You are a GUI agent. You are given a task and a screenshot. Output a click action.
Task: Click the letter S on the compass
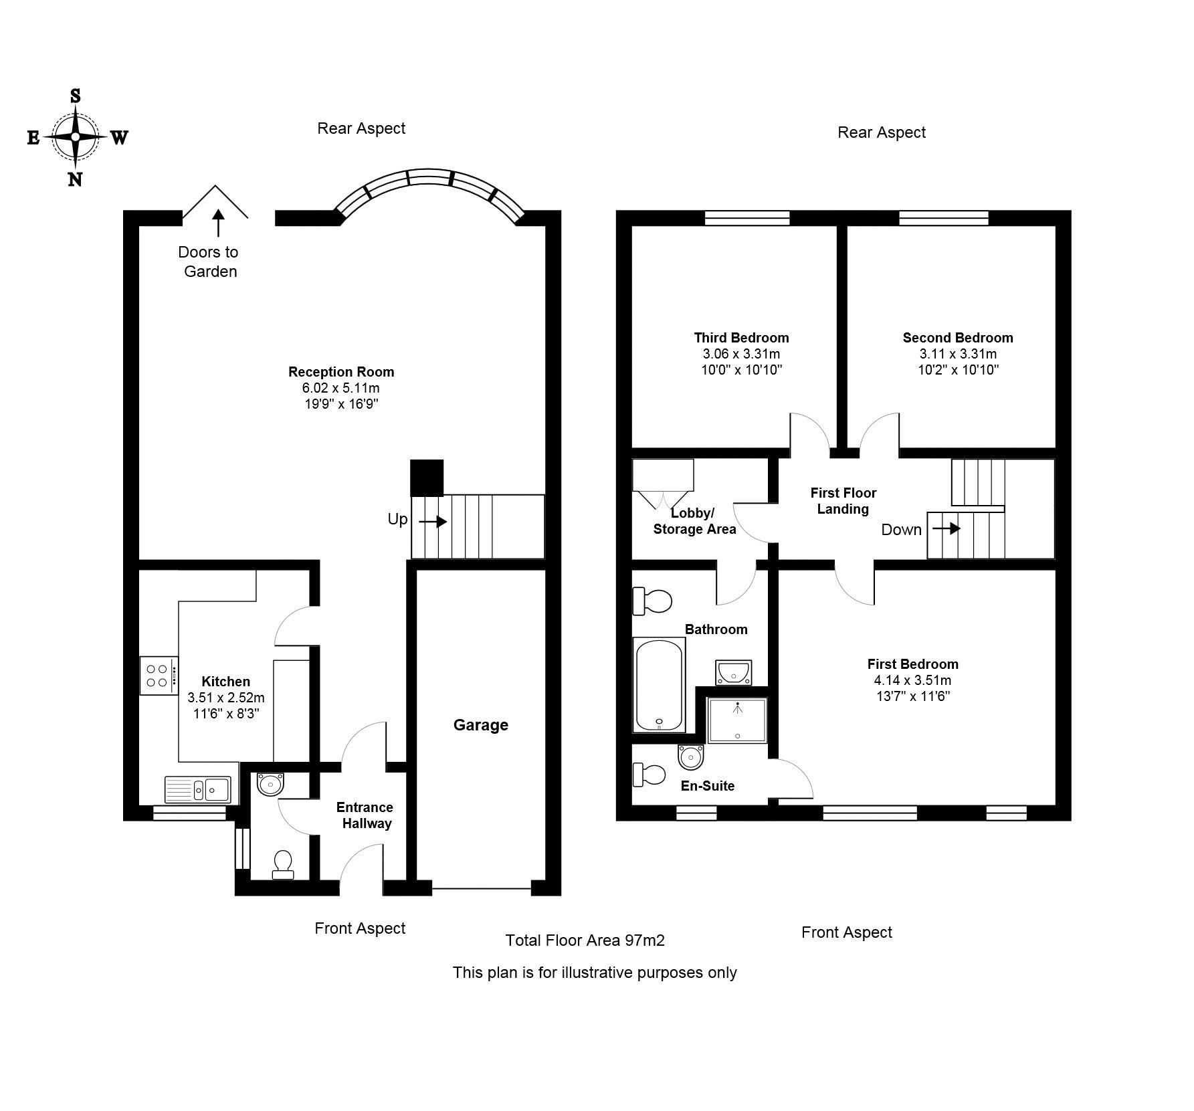coord(76,97)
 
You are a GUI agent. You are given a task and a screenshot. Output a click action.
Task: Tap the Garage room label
coord(480,725)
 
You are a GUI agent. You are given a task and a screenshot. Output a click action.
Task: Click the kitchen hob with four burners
coord(159,676)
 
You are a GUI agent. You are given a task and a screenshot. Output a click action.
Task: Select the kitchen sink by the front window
coord(197,789)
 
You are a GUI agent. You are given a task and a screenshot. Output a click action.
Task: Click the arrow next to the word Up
coord(433,521)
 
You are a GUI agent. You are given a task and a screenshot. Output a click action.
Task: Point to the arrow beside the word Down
coord(946,529)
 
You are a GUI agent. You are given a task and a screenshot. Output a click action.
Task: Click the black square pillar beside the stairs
coord(426,477)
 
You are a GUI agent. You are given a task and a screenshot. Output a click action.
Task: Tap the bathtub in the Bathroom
coord(659,684)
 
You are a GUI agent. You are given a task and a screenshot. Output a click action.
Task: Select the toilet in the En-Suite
coord(649,775)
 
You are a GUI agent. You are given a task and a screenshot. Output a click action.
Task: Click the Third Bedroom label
coord(741,338)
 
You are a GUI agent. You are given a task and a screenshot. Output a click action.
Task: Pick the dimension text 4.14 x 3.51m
coord(912,680)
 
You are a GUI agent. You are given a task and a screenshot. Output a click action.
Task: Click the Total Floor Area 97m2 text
coord(585,940)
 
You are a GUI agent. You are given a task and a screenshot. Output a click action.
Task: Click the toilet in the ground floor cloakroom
coord(282,864)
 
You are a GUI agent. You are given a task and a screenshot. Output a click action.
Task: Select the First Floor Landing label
coord(843,501)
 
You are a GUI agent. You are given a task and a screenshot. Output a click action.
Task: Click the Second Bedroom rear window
coord(943,217)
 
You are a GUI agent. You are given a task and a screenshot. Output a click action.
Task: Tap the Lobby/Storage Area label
coord(694,521)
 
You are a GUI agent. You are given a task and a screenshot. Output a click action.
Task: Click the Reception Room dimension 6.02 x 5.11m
coord(340,388)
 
